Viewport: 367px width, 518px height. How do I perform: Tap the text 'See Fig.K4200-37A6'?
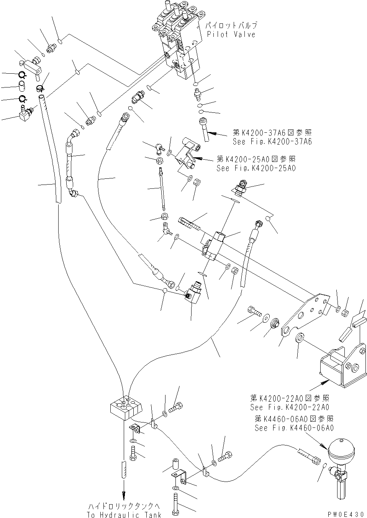click(272, 141)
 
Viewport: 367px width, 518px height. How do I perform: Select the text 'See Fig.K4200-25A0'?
click(256, 168)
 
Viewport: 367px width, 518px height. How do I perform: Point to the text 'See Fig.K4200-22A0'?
click(289, 407)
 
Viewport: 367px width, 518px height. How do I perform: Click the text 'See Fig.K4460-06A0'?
click(294, 428)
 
